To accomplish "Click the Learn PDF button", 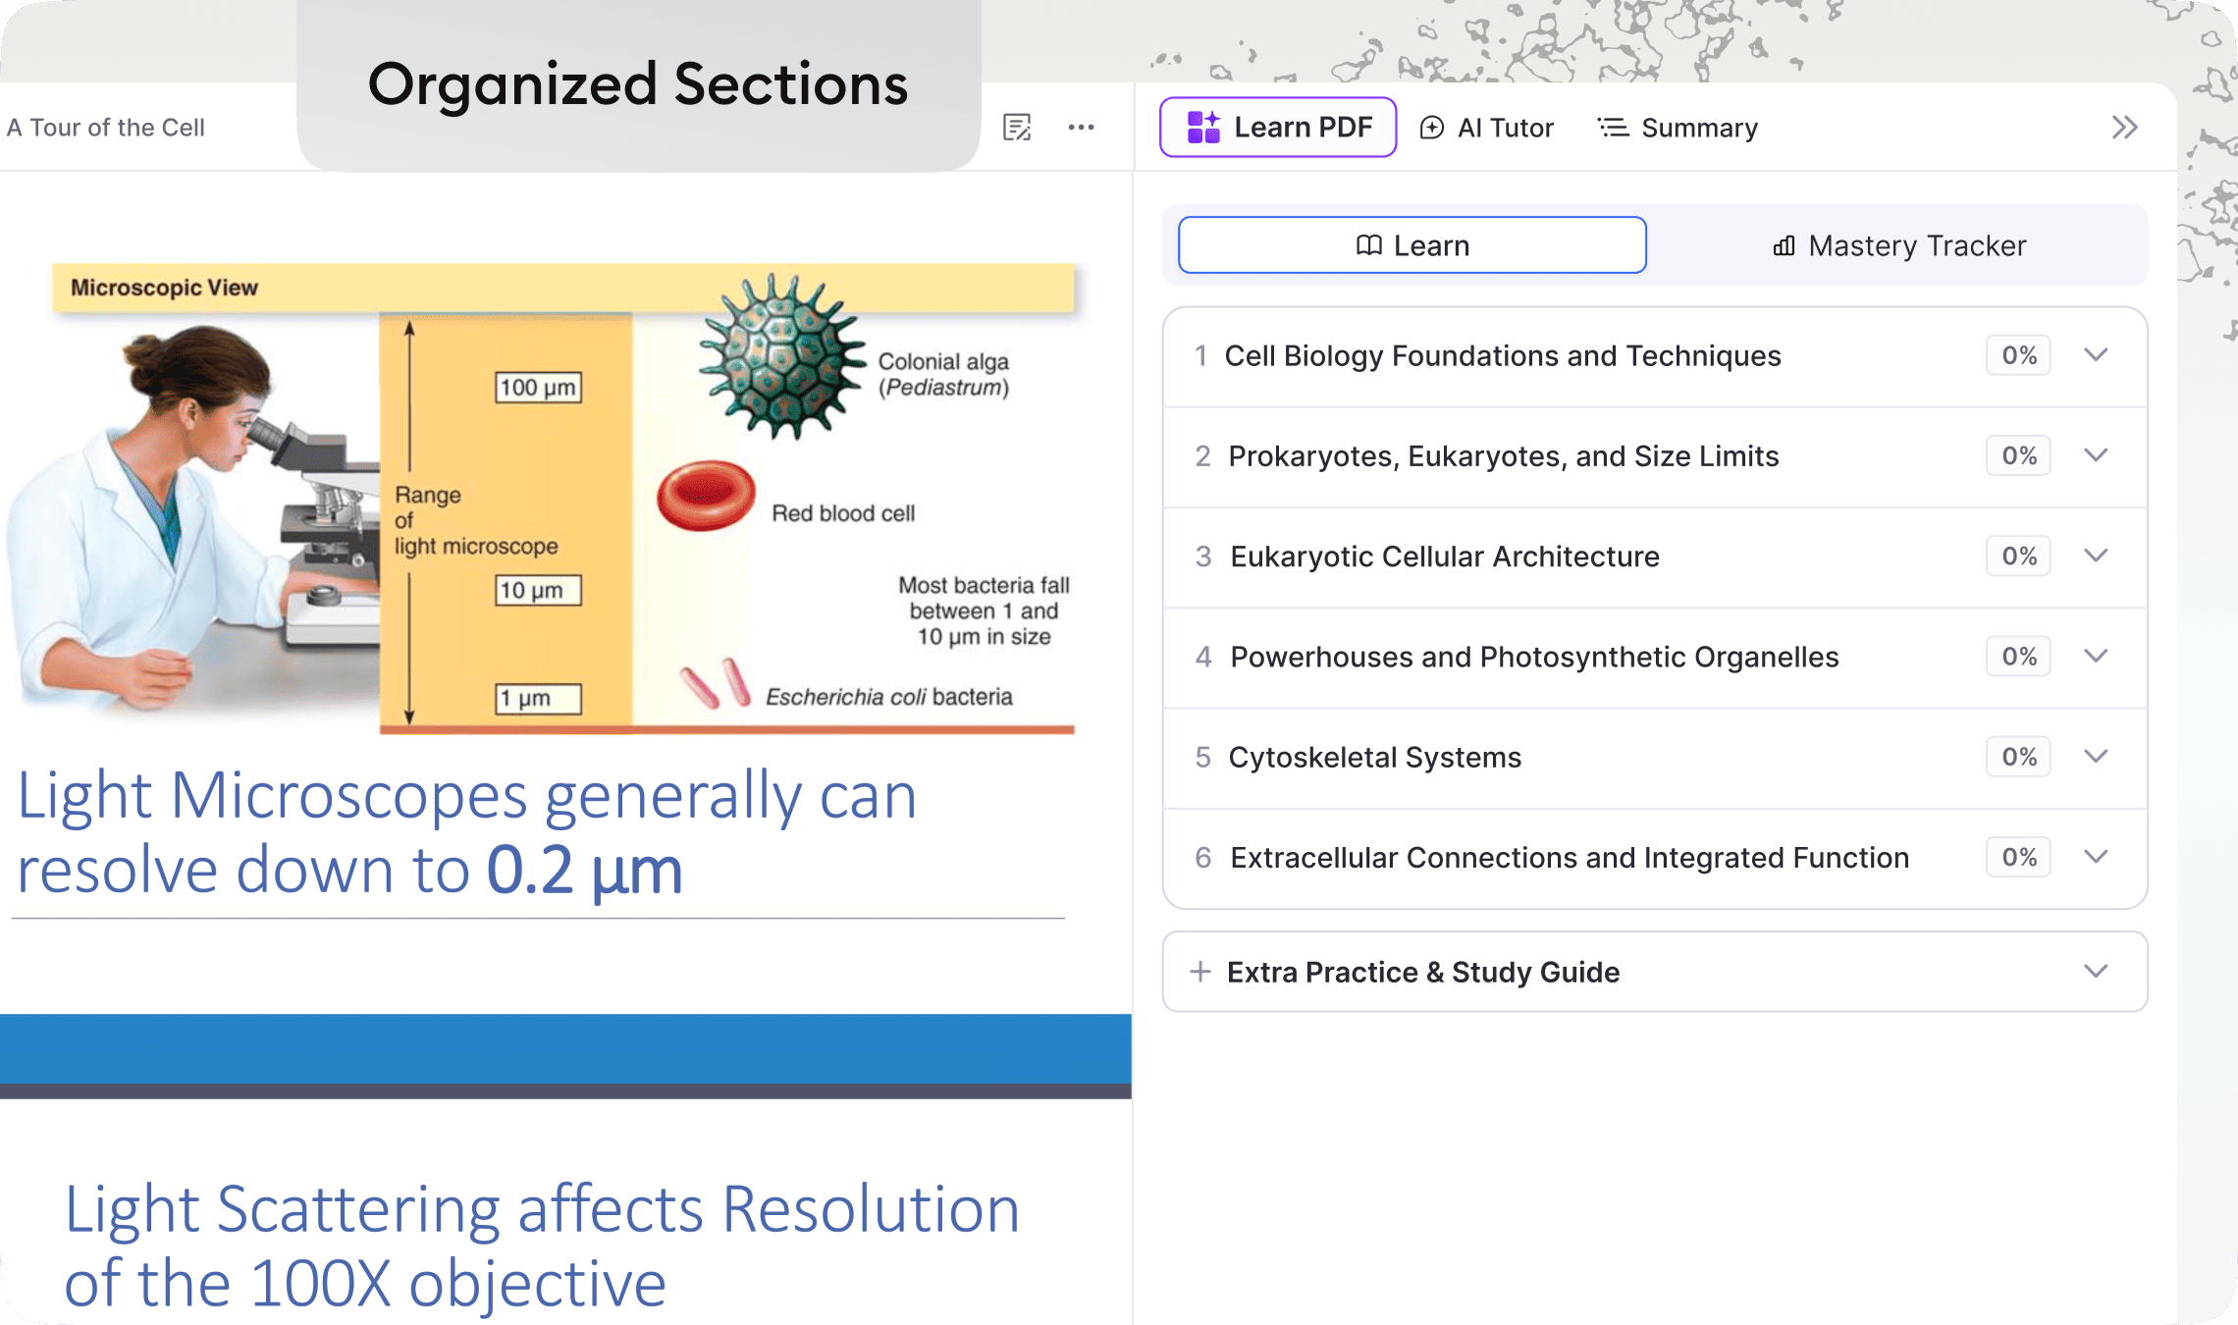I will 1278,128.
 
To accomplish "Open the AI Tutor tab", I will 1487,128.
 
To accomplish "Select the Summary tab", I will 1678,128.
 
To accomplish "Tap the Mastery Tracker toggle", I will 1899,245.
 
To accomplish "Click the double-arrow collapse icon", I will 2124,128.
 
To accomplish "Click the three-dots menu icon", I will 1081,128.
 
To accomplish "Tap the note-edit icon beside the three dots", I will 1017,128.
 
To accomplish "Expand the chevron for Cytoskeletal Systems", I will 2096,757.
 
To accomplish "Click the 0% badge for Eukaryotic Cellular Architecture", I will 2018,556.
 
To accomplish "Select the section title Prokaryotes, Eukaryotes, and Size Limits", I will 1503,456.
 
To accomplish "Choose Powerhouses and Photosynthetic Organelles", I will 1534,657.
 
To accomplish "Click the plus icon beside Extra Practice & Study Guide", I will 1199,972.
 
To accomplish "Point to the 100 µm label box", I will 538,387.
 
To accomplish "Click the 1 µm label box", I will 538,699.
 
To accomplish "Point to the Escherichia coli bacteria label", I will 888,697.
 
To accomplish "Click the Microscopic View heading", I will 164,288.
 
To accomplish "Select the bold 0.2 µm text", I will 584,871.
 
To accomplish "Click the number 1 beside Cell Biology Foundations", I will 1200,355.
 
